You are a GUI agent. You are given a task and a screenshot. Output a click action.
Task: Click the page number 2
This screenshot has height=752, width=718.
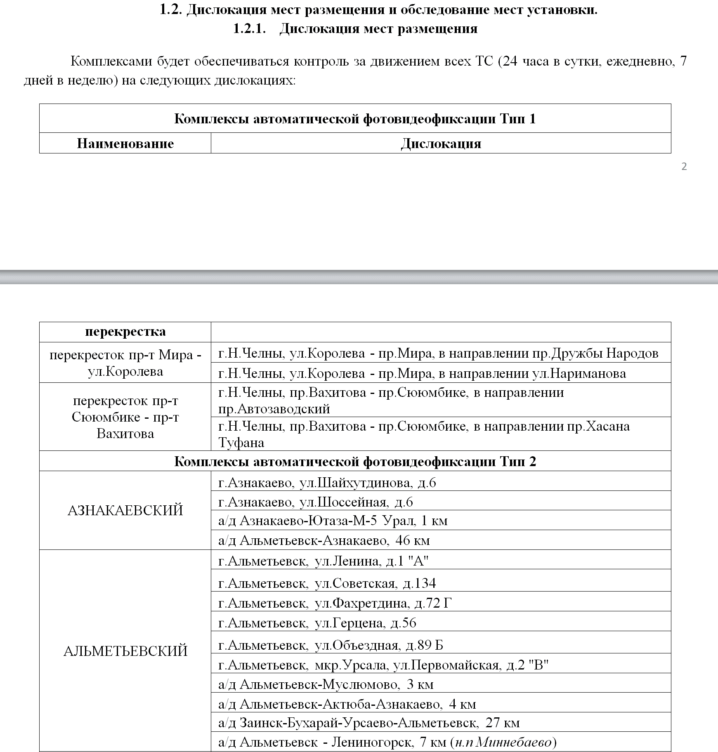pyautogui.click(x=684, y=167)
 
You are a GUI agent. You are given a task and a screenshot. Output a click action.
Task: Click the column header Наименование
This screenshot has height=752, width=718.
pyautogui.click(x=125, y=144)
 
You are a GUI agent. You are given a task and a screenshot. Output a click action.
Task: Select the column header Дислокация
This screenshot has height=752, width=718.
pyautogui.click(x=441, y=144)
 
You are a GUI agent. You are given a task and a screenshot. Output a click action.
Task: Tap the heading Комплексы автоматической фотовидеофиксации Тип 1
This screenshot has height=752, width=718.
pyautogui.click(x=355, y=119)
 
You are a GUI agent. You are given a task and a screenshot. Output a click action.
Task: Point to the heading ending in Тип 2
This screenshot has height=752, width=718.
pyautogui.click(x=355, y=461)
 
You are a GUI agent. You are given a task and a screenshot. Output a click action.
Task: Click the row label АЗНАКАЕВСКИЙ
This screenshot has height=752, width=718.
pyautogui.click(x=125, y=511)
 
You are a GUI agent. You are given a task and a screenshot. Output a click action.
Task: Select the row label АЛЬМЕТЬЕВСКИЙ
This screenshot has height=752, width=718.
pyautogui.click(x=125, y=651)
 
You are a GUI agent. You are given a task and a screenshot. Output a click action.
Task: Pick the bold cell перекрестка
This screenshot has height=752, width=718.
pyautogui.click(x=125, y=332)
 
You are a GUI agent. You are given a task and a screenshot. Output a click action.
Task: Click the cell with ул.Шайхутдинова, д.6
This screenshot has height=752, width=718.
pyautogui.click(x=327, y=482)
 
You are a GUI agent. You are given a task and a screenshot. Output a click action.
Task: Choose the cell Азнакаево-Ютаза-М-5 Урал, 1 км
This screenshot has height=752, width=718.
pyautogui.click(x=333, y=521)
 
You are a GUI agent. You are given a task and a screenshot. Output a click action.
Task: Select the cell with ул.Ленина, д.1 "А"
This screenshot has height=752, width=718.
pyautogui.click(x=323, y=561)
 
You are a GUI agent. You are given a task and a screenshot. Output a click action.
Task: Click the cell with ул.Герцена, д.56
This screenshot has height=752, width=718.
pyautogui.click(x=317, y=622)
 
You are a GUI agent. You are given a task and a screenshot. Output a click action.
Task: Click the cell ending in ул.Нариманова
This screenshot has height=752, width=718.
pyautogui.click(x=422, y=373)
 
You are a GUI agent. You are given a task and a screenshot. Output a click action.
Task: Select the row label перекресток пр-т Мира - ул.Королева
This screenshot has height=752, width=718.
pyautogui.click(x=125, y=363)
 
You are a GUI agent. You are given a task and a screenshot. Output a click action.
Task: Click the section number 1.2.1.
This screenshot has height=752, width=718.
pyautogui.click(x=249, y=28)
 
